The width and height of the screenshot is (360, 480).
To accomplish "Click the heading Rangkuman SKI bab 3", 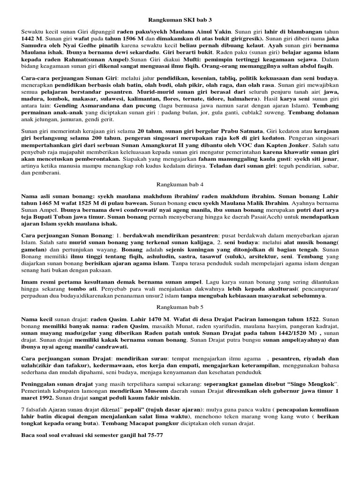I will pos(180,21).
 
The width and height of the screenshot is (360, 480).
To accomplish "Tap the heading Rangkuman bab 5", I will pos(180,306).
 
